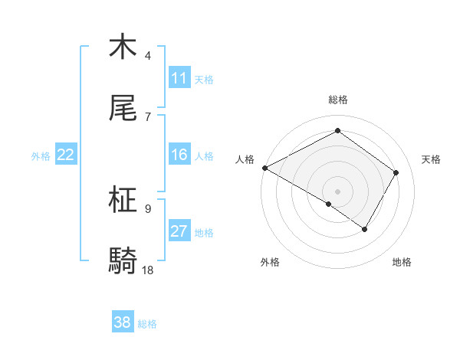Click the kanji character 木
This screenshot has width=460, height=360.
(x=123, y=47)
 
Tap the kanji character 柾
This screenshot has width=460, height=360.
(x=123, y=200)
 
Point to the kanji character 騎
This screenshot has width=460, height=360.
(x=123, y=261)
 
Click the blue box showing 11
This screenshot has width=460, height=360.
(x=179, y=78)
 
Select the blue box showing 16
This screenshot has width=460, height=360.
(x=179, y=155)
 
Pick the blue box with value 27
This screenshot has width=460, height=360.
(x=179, y=231)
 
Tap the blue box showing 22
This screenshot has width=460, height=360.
(x=66, y=155)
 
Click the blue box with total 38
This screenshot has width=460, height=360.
(x=123, y=322)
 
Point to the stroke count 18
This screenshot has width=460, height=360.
(x=148, y=270)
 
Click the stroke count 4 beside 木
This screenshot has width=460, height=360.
(x=148, y=55)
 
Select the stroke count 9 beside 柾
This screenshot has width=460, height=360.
(x=148, y=208)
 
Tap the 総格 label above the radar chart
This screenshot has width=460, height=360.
(x=338, y=100)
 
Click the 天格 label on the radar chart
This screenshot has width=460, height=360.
(x=431, y=159)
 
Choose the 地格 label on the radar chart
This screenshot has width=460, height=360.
(x=402, y=262)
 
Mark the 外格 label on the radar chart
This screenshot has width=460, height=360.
(x=270, y=262)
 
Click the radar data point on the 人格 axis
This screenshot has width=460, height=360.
(x=264, y=167)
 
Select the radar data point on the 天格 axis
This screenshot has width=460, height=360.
(x=396, y=172)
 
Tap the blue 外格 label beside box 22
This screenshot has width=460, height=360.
(x=41, y=155)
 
